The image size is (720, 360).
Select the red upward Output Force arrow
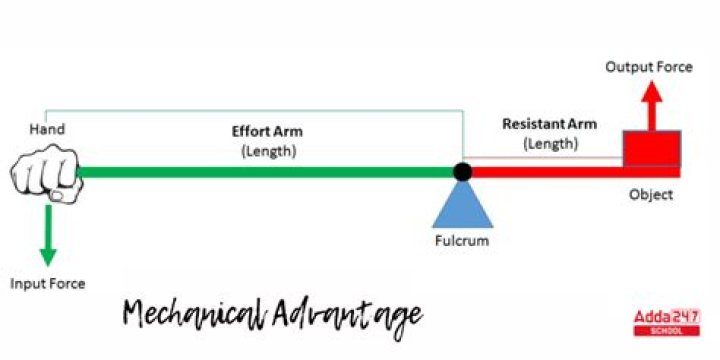point(651,105)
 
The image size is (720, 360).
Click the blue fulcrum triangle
point(461,206)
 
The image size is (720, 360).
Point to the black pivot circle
point(462,172)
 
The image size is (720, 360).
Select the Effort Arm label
point(267,131)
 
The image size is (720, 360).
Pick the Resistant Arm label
point(549,124)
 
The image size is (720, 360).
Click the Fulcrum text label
point(461,241)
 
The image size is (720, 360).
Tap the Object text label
point(651,194)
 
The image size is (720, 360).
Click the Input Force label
point(47,283)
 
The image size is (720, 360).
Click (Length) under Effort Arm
point(267,150)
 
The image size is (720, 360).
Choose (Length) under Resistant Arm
point(550,143)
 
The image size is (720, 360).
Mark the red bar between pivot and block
point(545,172)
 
